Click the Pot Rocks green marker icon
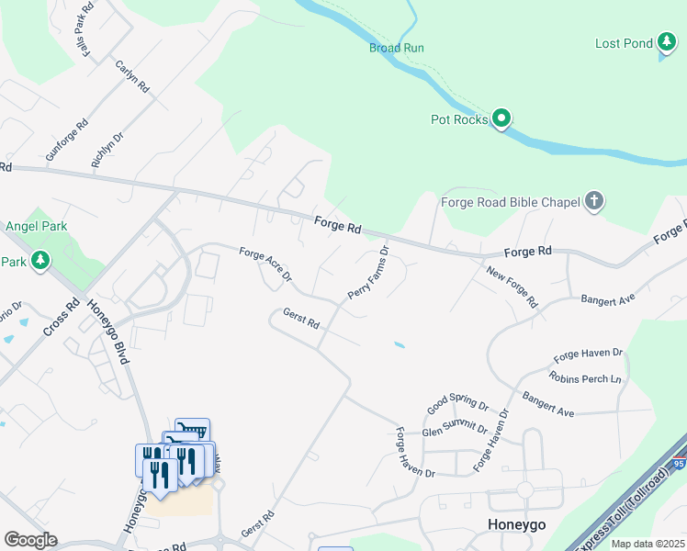tap(501, 118)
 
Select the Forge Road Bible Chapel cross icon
tap(594, 201)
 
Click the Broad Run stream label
tap(396, 48)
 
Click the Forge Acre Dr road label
tap(265, 264)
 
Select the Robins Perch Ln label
tap(585, 377)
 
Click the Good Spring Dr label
tap(458, 403)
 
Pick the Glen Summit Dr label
tap(455, 430)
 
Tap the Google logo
tap(30, 540)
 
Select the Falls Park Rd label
tap(88, 31)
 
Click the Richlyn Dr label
tap(107, 150)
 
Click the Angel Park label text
tap(37, 226)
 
